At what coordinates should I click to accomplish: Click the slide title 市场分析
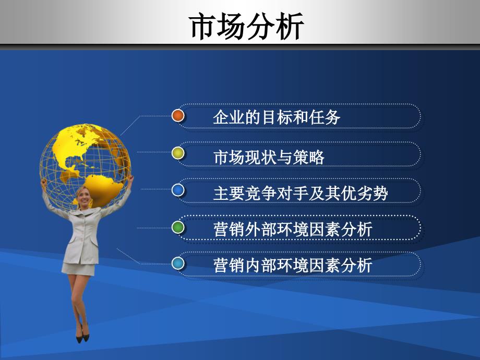246,26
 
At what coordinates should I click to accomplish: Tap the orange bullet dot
178,116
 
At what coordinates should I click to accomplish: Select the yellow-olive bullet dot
178,153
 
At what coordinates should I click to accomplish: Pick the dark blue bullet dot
178,190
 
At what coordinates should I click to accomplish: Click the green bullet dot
178,227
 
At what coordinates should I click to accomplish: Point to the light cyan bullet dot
178,263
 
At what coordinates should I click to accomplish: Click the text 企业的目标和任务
277,117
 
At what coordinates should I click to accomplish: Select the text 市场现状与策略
269,157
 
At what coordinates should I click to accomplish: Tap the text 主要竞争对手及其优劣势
301,193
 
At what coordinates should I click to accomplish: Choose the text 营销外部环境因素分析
293,230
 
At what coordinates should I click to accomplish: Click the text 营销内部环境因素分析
293,265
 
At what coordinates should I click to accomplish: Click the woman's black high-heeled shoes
82,334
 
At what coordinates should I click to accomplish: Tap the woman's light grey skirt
78,269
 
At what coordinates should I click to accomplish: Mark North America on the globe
78,147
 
